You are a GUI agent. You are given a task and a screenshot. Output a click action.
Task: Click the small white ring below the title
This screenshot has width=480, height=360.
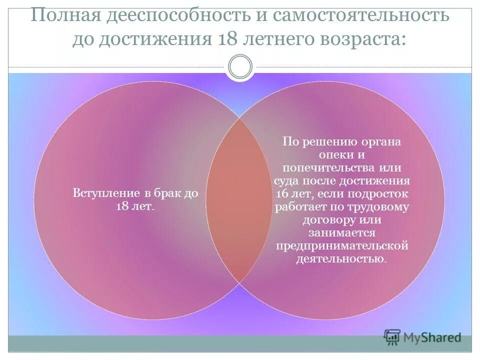(240, 67)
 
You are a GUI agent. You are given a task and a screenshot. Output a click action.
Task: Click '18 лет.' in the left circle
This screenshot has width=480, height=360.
(135, 206)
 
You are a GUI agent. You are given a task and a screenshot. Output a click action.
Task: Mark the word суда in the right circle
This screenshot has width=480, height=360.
(287, 180)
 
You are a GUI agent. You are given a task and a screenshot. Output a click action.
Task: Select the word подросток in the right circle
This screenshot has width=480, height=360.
(382, 193)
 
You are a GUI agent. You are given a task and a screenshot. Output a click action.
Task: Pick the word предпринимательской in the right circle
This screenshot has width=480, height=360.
(342, 246)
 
